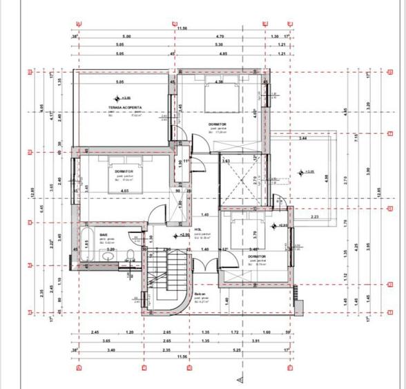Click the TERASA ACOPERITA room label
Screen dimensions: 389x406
pyautogui.click(x=125, y=108)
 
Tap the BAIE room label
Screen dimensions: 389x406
pyautogui.click(x=104, y=235)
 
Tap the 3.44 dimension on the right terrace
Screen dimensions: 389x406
pyautogui.click(x=303, y=139)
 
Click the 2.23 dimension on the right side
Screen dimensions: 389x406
pyautogui.click(x=315, y=218)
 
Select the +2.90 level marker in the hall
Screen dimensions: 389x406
pyautogui.click(x=184, y=235)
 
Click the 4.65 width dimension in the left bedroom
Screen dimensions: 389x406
pyautogui.click(x=124, y=190)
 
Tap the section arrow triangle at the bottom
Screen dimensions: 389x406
pyautogui.click(x=239, y=379)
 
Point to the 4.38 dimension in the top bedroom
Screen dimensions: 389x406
pyautogui.click(x=218, y=83)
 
